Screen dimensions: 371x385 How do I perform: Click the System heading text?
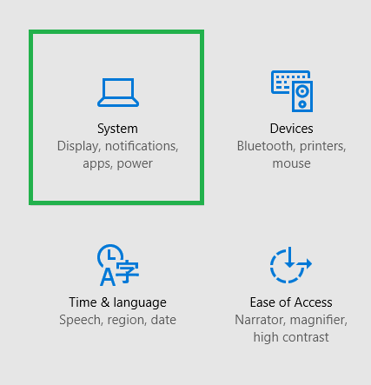(117, 129)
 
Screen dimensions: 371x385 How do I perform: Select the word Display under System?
(77, 147)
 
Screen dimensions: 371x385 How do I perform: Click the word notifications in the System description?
(142, 146)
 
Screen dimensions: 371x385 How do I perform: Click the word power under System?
(135, 164)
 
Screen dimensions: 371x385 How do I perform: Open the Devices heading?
(291, 129)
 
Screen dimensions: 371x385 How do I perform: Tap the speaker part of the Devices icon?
(302, 96)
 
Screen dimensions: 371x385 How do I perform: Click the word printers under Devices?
(322, 147)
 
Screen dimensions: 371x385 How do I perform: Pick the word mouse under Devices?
(291, 163)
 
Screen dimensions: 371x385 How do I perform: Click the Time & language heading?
(117, 302)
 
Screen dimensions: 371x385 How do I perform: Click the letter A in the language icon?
(108, 277)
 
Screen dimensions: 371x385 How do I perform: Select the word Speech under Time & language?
(81, 321)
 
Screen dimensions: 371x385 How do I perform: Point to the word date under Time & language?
(163, 320)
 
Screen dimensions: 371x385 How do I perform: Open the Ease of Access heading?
(291, 302)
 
